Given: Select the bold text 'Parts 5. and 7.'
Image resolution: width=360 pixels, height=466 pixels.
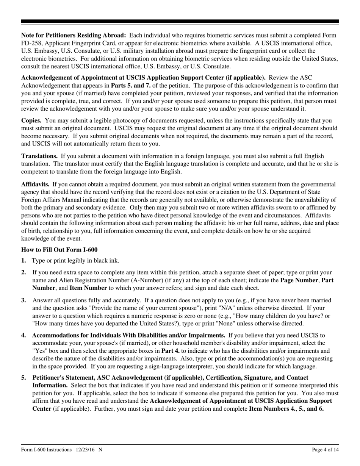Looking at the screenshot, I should [129, 85].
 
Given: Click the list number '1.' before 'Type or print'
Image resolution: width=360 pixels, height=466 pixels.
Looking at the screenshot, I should [23, 260].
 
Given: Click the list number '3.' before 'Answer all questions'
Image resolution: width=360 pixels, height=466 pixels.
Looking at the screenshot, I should [23, 300].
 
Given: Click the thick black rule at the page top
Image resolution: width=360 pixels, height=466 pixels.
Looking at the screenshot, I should [180, 22].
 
